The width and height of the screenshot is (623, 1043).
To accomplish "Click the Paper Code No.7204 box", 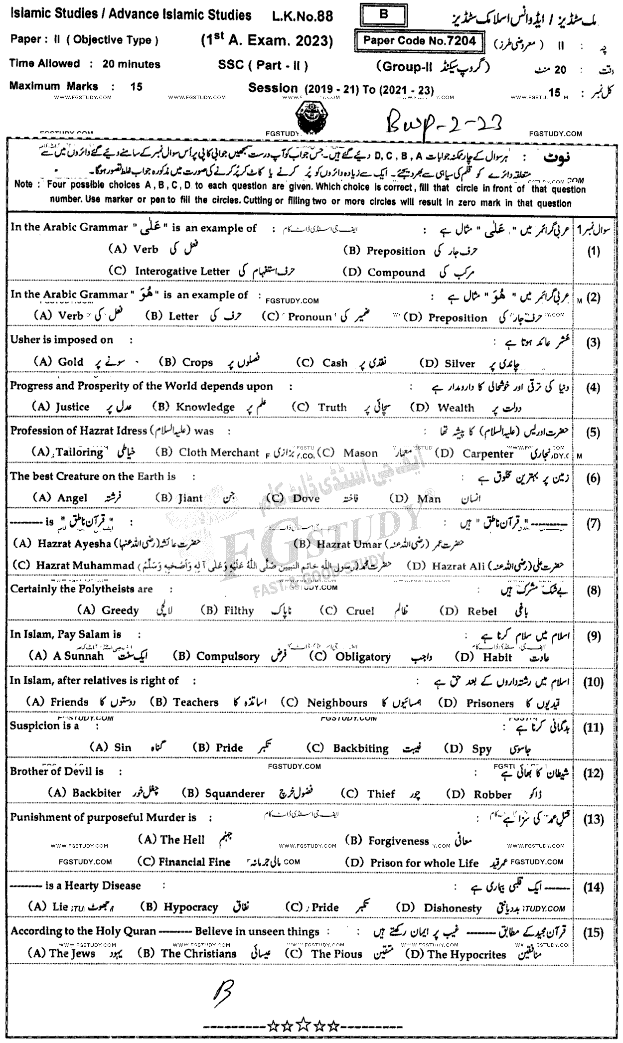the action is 419,41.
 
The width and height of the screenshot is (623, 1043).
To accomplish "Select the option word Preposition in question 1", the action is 396,251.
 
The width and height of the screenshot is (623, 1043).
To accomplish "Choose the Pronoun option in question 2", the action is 310,317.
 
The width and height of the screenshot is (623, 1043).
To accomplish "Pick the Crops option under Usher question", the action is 197,363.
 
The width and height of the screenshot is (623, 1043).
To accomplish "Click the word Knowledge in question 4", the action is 205,407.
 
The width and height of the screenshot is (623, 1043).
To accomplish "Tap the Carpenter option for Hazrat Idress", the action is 487,453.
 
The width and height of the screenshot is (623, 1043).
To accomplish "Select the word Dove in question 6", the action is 307,498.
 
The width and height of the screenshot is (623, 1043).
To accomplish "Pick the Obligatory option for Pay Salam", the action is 363,657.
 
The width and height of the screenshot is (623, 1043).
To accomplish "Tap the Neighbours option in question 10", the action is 337,703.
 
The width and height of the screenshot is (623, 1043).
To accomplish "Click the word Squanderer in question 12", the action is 235,794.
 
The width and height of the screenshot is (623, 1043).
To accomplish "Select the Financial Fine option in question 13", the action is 194,862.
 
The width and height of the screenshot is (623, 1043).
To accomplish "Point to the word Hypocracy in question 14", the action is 191,907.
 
